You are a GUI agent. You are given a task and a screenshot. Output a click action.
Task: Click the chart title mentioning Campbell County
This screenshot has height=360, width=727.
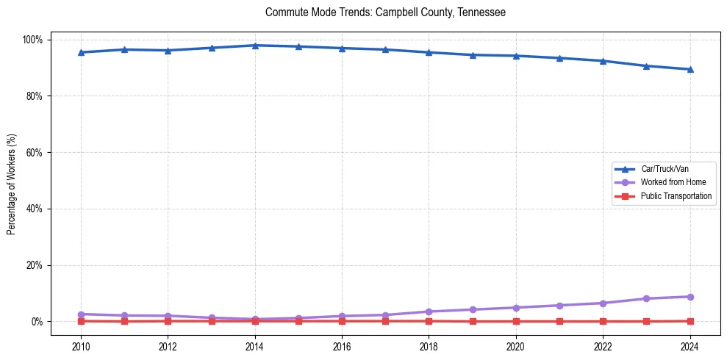coord(385,12)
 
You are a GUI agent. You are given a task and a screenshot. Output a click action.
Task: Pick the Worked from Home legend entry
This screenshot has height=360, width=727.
coord(673,182)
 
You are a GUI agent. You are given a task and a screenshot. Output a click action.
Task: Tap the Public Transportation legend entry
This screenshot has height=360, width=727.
coord(676,196)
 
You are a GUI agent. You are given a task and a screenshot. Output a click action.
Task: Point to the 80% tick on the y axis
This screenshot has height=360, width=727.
coord(34,96)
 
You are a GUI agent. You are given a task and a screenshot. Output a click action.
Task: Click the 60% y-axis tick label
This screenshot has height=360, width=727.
coord(34,153)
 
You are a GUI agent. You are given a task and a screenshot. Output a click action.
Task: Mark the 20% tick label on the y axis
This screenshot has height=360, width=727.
coord(34,265)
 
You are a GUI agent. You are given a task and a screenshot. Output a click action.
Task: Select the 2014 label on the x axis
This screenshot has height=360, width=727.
coord(255,346)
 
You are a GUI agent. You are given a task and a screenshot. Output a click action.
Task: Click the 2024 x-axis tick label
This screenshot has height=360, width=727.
coord(690,346)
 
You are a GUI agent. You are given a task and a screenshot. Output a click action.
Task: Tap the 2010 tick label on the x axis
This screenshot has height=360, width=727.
coord(81,346)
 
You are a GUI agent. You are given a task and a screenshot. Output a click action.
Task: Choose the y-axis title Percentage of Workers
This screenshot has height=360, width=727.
coord(12,180)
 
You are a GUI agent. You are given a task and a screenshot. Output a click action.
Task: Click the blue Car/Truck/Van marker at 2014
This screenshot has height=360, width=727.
coord(255,46)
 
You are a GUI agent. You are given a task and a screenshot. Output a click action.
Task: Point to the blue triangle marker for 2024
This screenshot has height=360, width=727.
coord(690,69)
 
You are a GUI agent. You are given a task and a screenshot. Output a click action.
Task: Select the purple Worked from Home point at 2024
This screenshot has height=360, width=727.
coord(690,297)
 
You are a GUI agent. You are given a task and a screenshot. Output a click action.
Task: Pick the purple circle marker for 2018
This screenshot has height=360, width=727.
coord(429,312)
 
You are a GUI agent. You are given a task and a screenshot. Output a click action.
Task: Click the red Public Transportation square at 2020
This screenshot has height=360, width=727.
coord(516,321)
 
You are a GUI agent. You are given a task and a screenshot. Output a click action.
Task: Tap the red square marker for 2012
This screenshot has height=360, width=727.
coord(168,321)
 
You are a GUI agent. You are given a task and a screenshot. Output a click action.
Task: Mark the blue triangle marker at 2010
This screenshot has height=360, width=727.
coord(81,52)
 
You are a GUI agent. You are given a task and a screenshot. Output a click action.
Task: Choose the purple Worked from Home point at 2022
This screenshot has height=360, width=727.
coord(603,303)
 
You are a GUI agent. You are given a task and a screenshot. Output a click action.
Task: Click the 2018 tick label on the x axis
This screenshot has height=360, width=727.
coord(429,346)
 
